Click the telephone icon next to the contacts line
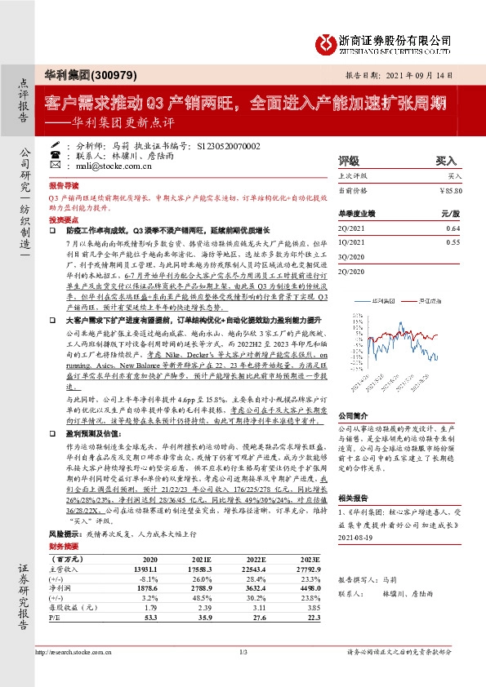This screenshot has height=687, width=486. click(55, 153)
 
